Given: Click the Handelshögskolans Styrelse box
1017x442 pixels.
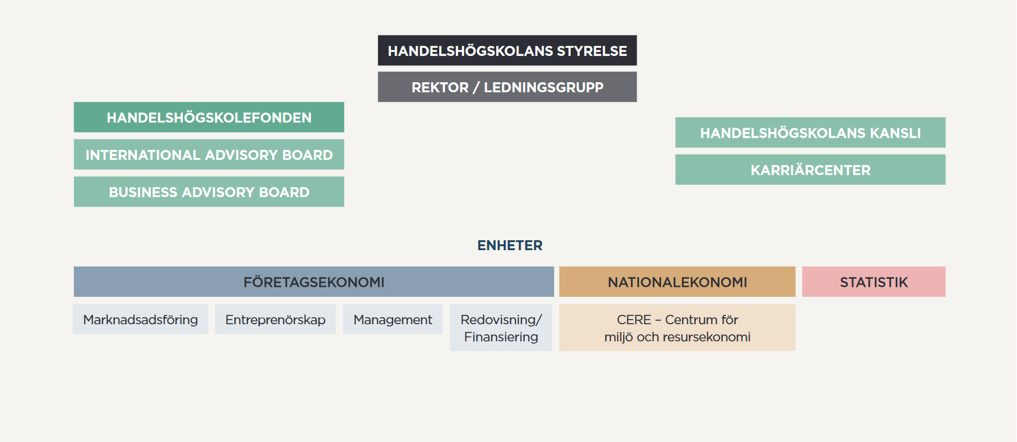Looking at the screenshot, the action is [507, 50].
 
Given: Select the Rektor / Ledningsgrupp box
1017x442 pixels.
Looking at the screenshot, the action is [507, 87].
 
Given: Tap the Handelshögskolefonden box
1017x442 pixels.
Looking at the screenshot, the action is [209, 117].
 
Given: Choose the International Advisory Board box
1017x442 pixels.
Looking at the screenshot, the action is [209, 155].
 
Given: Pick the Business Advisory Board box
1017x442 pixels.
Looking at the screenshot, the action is [209, 192].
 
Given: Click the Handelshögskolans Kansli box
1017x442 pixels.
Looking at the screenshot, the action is [810, 132].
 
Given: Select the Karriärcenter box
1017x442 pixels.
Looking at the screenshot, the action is [810, 170].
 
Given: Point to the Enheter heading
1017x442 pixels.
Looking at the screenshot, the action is [510, 245].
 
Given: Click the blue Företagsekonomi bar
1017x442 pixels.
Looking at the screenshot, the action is [314, 282].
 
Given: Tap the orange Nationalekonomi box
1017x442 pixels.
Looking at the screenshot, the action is [677, 282].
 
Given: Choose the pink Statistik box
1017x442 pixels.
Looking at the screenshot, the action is [874, 282].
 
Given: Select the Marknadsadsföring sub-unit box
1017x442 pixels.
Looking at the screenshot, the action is [140, 319].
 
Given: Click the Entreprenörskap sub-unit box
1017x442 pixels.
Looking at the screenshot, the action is [275, 319].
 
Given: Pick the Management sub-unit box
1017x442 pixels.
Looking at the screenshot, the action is [393, 319].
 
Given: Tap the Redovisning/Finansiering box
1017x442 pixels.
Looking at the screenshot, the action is [501, 328].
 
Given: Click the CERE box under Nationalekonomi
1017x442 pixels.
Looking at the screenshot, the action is [677, 328].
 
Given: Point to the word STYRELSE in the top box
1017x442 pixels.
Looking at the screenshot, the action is [592, 51].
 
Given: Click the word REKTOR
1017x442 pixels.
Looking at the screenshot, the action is [440, 87].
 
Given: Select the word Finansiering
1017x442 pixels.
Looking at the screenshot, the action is [501, 337].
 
